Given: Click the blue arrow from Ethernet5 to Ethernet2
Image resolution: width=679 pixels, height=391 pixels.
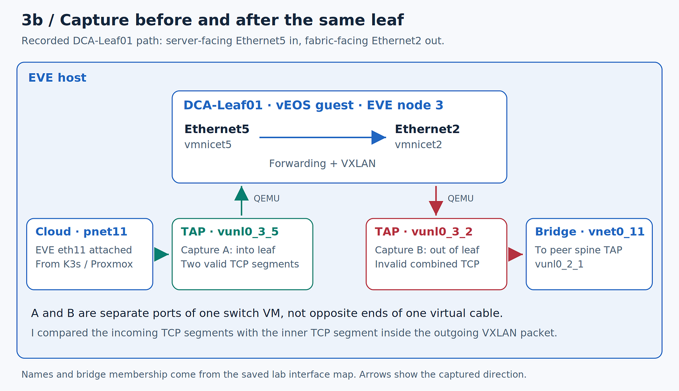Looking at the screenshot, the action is click(323, 138).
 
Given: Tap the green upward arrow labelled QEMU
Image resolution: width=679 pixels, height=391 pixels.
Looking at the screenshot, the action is click(241, 201).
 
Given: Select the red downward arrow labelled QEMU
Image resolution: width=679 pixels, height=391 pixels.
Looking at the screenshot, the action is click(436, 201).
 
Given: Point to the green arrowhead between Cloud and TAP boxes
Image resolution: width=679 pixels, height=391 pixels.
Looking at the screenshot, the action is click(161, 254).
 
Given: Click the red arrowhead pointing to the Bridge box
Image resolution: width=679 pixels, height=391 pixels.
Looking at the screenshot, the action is click(515, 254).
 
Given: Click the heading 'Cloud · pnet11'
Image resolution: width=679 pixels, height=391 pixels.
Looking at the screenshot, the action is click(81, 232).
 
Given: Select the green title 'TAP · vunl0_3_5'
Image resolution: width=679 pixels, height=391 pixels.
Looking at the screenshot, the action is click(229, 232).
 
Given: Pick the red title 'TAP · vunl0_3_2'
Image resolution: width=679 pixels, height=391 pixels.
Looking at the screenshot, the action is click(423, 232).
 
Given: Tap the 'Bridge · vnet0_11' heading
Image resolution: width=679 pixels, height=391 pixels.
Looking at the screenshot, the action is click(589, 232).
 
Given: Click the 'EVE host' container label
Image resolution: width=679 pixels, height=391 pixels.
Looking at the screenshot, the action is click(57, 78).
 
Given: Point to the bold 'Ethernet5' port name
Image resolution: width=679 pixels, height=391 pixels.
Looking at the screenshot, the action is click(217, 129).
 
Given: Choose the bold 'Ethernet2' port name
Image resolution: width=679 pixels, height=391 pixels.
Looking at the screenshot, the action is click(427, 129).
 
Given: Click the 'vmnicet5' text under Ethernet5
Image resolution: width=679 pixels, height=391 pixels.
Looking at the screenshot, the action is click(208, 145).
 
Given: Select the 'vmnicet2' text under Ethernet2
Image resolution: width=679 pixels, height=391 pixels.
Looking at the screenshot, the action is click(418, 145).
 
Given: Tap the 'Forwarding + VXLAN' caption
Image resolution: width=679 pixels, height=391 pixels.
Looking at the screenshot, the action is click(322, 163).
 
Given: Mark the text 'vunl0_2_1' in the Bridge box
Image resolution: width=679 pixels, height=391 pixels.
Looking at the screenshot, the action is click(559, 264).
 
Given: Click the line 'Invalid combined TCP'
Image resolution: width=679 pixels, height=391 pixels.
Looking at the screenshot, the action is click(427, 264).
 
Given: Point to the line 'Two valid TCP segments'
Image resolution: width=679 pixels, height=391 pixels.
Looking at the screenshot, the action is click(240, 264).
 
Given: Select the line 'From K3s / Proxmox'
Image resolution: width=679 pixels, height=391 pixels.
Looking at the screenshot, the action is click(84, 264).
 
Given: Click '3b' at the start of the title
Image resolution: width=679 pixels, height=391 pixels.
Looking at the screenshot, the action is click(32, 21).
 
